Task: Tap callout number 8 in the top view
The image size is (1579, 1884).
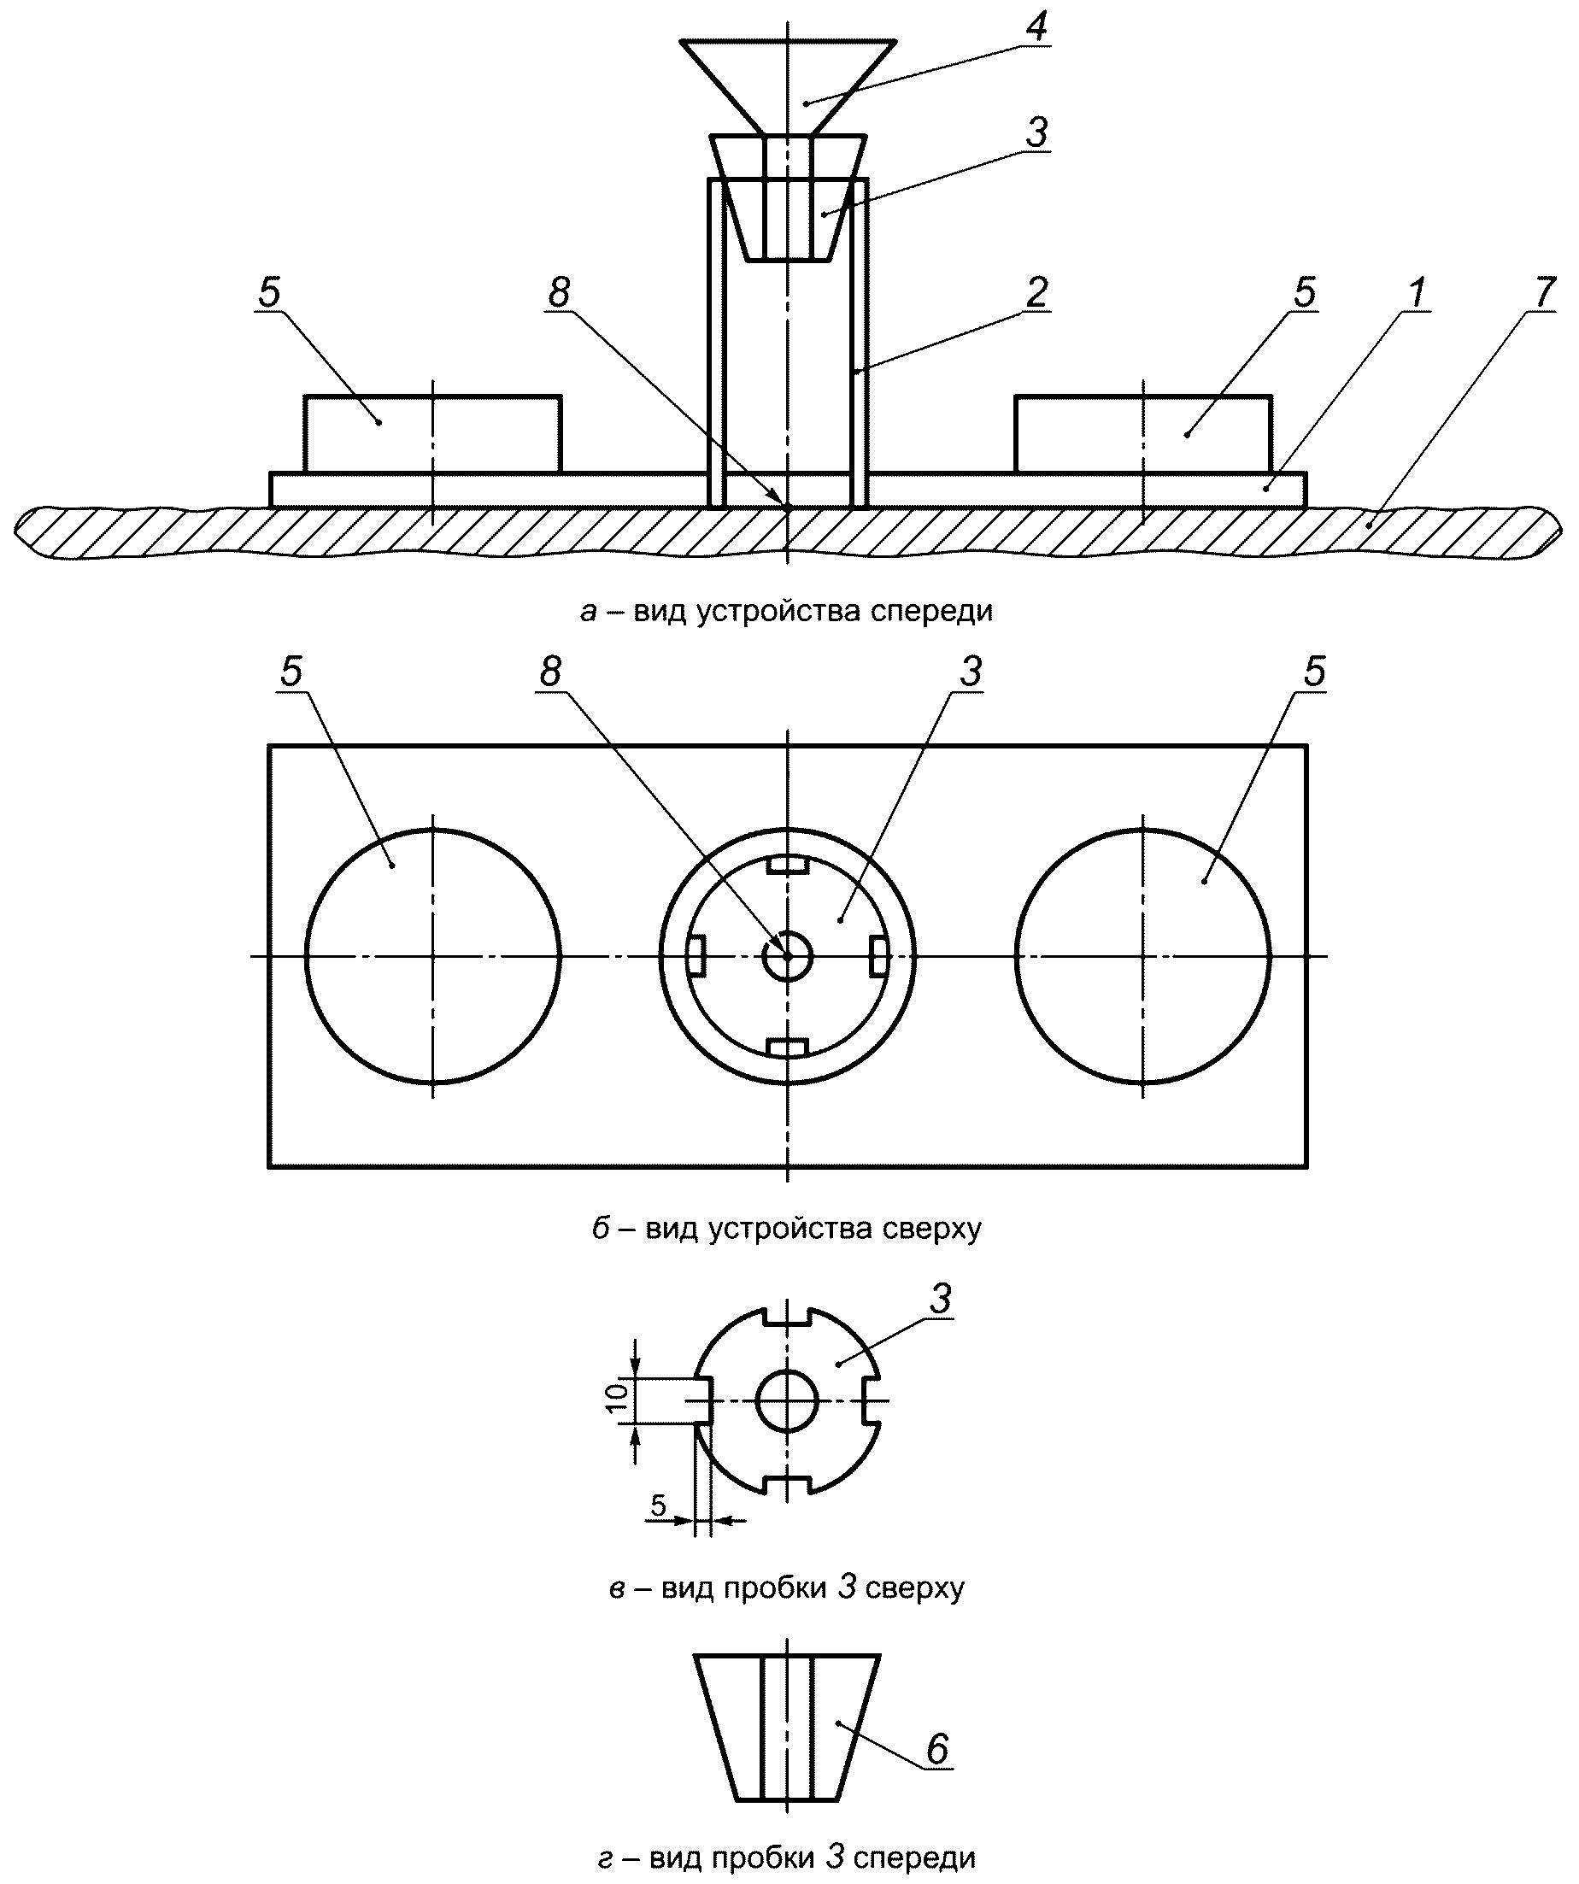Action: pos(550,671)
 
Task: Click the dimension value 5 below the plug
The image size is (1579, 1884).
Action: pos(659,1505)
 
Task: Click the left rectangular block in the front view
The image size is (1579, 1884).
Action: pos(432,434)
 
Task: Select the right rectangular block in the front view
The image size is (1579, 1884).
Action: pos(1143,434)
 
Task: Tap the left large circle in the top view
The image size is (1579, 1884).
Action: pos(305,956)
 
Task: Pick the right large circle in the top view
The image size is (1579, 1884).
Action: pos(1016,956)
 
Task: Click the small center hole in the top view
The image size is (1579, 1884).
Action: pos(765,956)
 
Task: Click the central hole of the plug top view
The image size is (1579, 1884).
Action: pos(758,1401)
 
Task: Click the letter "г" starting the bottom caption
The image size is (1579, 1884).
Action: pos(607,1853)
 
